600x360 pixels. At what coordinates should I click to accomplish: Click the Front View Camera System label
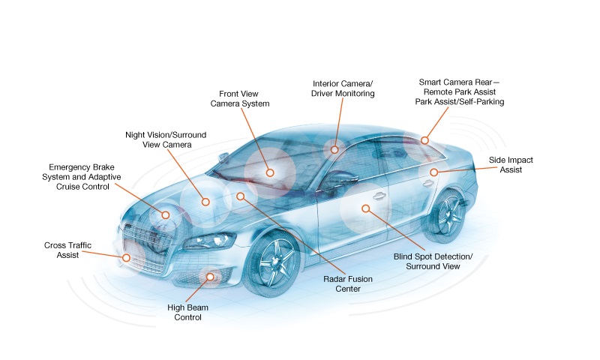240,99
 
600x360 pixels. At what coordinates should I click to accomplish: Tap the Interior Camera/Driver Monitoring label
343,88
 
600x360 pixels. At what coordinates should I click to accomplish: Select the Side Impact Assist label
511,165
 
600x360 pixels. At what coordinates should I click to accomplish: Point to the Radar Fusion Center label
348,283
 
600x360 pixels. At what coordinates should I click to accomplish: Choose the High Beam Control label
187,312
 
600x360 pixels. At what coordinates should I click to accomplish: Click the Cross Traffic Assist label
67,250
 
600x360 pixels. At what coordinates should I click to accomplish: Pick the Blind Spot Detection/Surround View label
433,261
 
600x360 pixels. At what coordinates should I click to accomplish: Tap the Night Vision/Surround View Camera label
166,139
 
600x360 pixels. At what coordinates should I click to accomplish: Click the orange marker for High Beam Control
210,277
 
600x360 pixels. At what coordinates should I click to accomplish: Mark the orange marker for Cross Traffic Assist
126,258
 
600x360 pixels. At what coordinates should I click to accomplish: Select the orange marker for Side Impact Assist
433,172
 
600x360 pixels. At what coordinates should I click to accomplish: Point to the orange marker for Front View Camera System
270,172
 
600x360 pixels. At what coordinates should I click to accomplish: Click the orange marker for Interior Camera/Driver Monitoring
334,149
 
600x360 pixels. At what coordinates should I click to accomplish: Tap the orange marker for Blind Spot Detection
366,208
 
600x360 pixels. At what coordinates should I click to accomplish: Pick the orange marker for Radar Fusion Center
240,196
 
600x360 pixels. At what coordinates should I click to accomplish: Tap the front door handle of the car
379,196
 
